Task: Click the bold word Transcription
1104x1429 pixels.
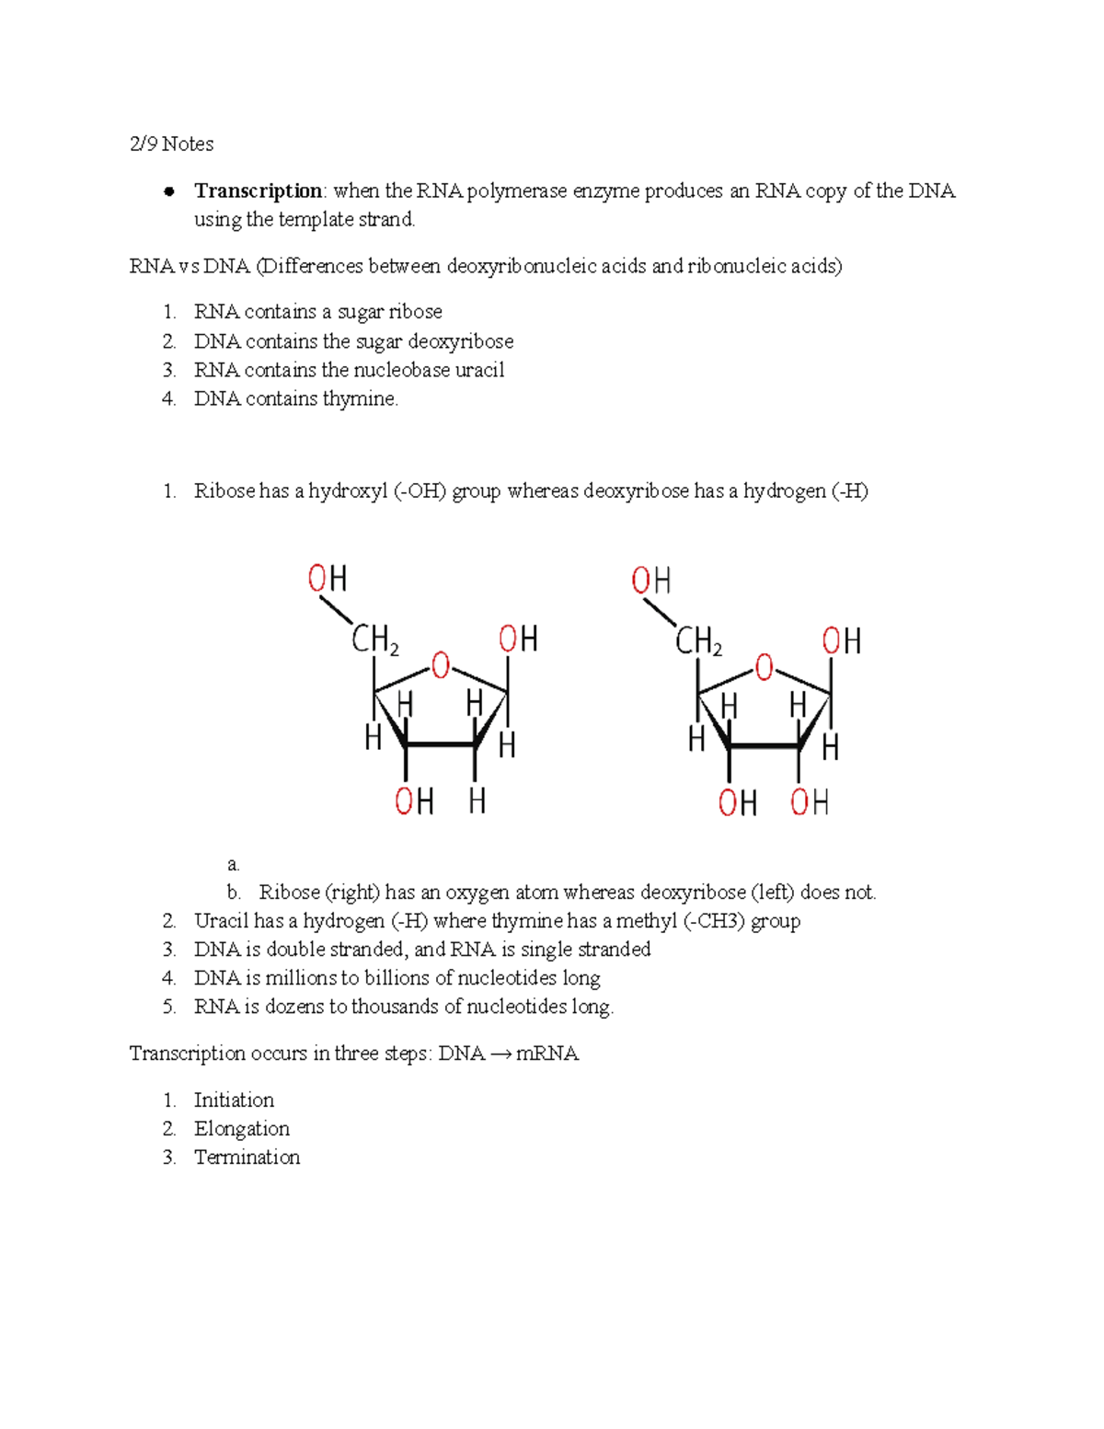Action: coord(258,191)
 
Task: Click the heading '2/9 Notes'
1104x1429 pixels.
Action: coord(171,144)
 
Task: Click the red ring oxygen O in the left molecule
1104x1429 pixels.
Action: coord(441,665)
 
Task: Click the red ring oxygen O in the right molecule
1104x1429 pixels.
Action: coord(764,667)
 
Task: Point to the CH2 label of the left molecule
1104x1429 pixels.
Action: coord(374,640)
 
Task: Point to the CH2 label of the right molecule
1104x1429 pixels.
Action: coord(698,641)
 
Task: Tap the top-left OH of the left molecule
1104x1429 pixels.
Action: coord(328,579)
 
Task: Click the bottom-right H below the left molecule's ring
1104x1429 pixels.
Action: coord(477,801)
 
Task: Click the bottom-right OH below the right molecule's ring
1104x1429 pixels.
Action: coord(810,802)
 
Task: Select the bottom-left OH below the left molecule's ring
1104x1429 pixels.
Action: coord(414,801)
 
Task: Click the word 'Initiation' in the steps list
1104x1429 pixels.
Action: coord(234,1101)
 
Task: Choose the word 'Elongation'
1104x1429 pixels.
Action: coord(241,1129)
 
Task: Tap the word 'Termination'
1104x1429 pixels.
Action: coord(247,1158)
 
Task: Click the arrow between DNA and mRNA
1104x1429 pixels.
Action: coord(500,1054)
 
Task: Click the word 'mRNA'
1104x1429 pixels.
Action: coord(547,1054)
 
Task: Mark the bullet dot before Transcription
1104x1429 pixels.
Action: coord(168,191)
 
